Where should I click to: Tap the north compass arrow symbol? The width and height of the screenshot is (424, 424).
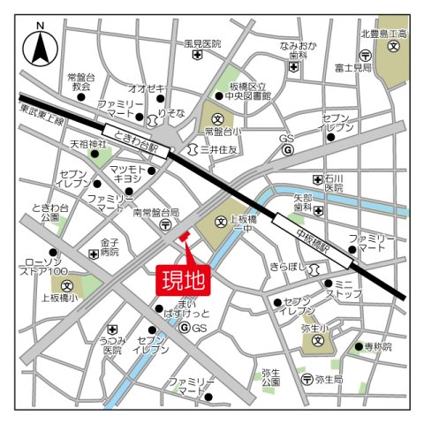[41, 49]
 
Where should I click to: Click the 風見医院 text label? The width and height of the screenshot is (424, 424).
[202, 43]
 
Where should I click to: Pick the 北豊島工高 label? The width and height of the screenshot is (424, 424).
[382, 34]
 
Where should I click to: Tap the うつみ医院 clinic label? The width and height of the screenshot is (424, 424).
[111, 344]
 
